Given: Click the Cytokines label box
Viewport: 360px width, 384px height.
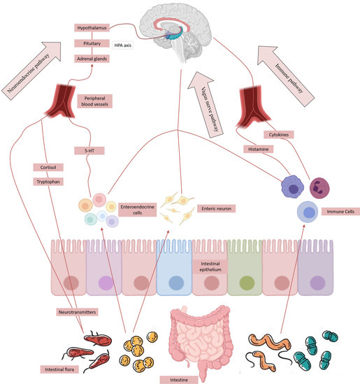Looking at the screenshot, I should [278, 133].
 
